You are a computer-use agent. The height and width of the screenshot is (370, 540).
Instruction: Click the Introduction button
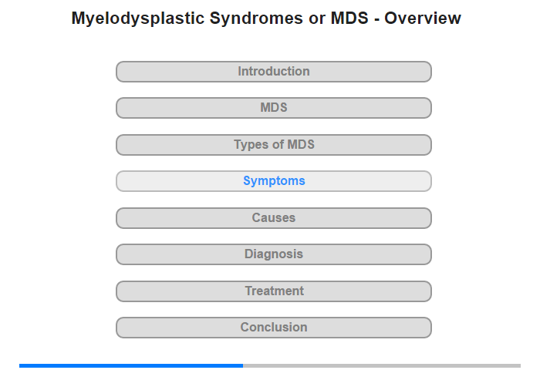pyautogui.click(x=274, y=72)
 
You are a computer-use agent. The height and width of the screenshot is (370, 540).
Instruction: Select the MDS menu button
pyautogui.click(x=274, y=108)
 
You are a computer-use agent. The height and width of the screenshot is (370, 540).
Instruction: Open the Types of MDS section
pyautogui.click(x=274, y=145)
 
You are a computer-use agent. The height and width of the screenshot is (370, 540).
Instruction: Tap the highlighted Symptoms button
pyautogui.click(x=274, y=181)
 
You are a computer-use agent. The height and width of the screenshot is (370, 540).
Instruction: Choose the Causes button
pyautogui.click(x=274, y=218)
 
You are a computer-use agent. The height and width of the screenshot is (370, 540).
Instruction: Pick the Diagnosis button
pyautogui.click(x=274, y=254)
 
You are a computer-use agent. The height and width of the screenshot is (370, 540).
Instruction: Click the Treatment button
pyautogui.click(x=274, y=291)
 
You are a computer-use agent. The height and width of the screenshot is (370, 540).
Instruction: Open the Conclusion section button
pyautogui.click(x=274, y=328)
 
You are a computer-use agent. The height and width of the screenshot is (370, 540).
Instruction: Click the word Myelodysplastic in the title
pyautogui.click(x=138, y=18)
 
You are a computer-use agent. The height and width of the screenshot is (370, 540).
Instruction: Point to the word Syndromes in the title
pyautogui.click(x=256, y=18)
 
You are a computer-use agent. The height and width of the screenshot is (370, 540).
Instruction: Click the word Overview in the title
pyautogui.click(x=423, y=18)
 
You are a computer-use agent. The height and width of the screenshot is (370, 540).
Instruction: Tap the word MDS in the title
pyautogui.click(x=349, y=18)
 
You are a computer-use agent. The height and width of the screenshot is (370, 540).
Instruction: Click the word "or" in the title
pyautogui.click(x=317, y=19)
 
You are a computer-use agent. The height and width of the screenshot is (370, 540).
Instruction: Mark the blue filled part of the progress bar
pyautogui.click(x=131, y=365)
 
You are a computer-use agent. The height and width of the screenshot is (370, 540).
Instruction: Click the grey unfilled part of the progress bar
pyautogui.click(x=382, y=365)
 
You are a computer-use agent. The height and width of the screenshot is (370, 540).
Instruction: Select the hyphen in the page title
pyautogui.click(x=376, y=19)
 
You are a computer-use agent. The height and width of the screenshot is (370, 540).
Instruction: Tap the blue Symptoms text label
pyautogui.click(x=274, y=181)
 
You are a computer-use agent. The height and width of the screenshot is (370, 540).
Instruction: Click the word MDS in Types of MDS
pyautogui.click(x=301, y=145)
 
